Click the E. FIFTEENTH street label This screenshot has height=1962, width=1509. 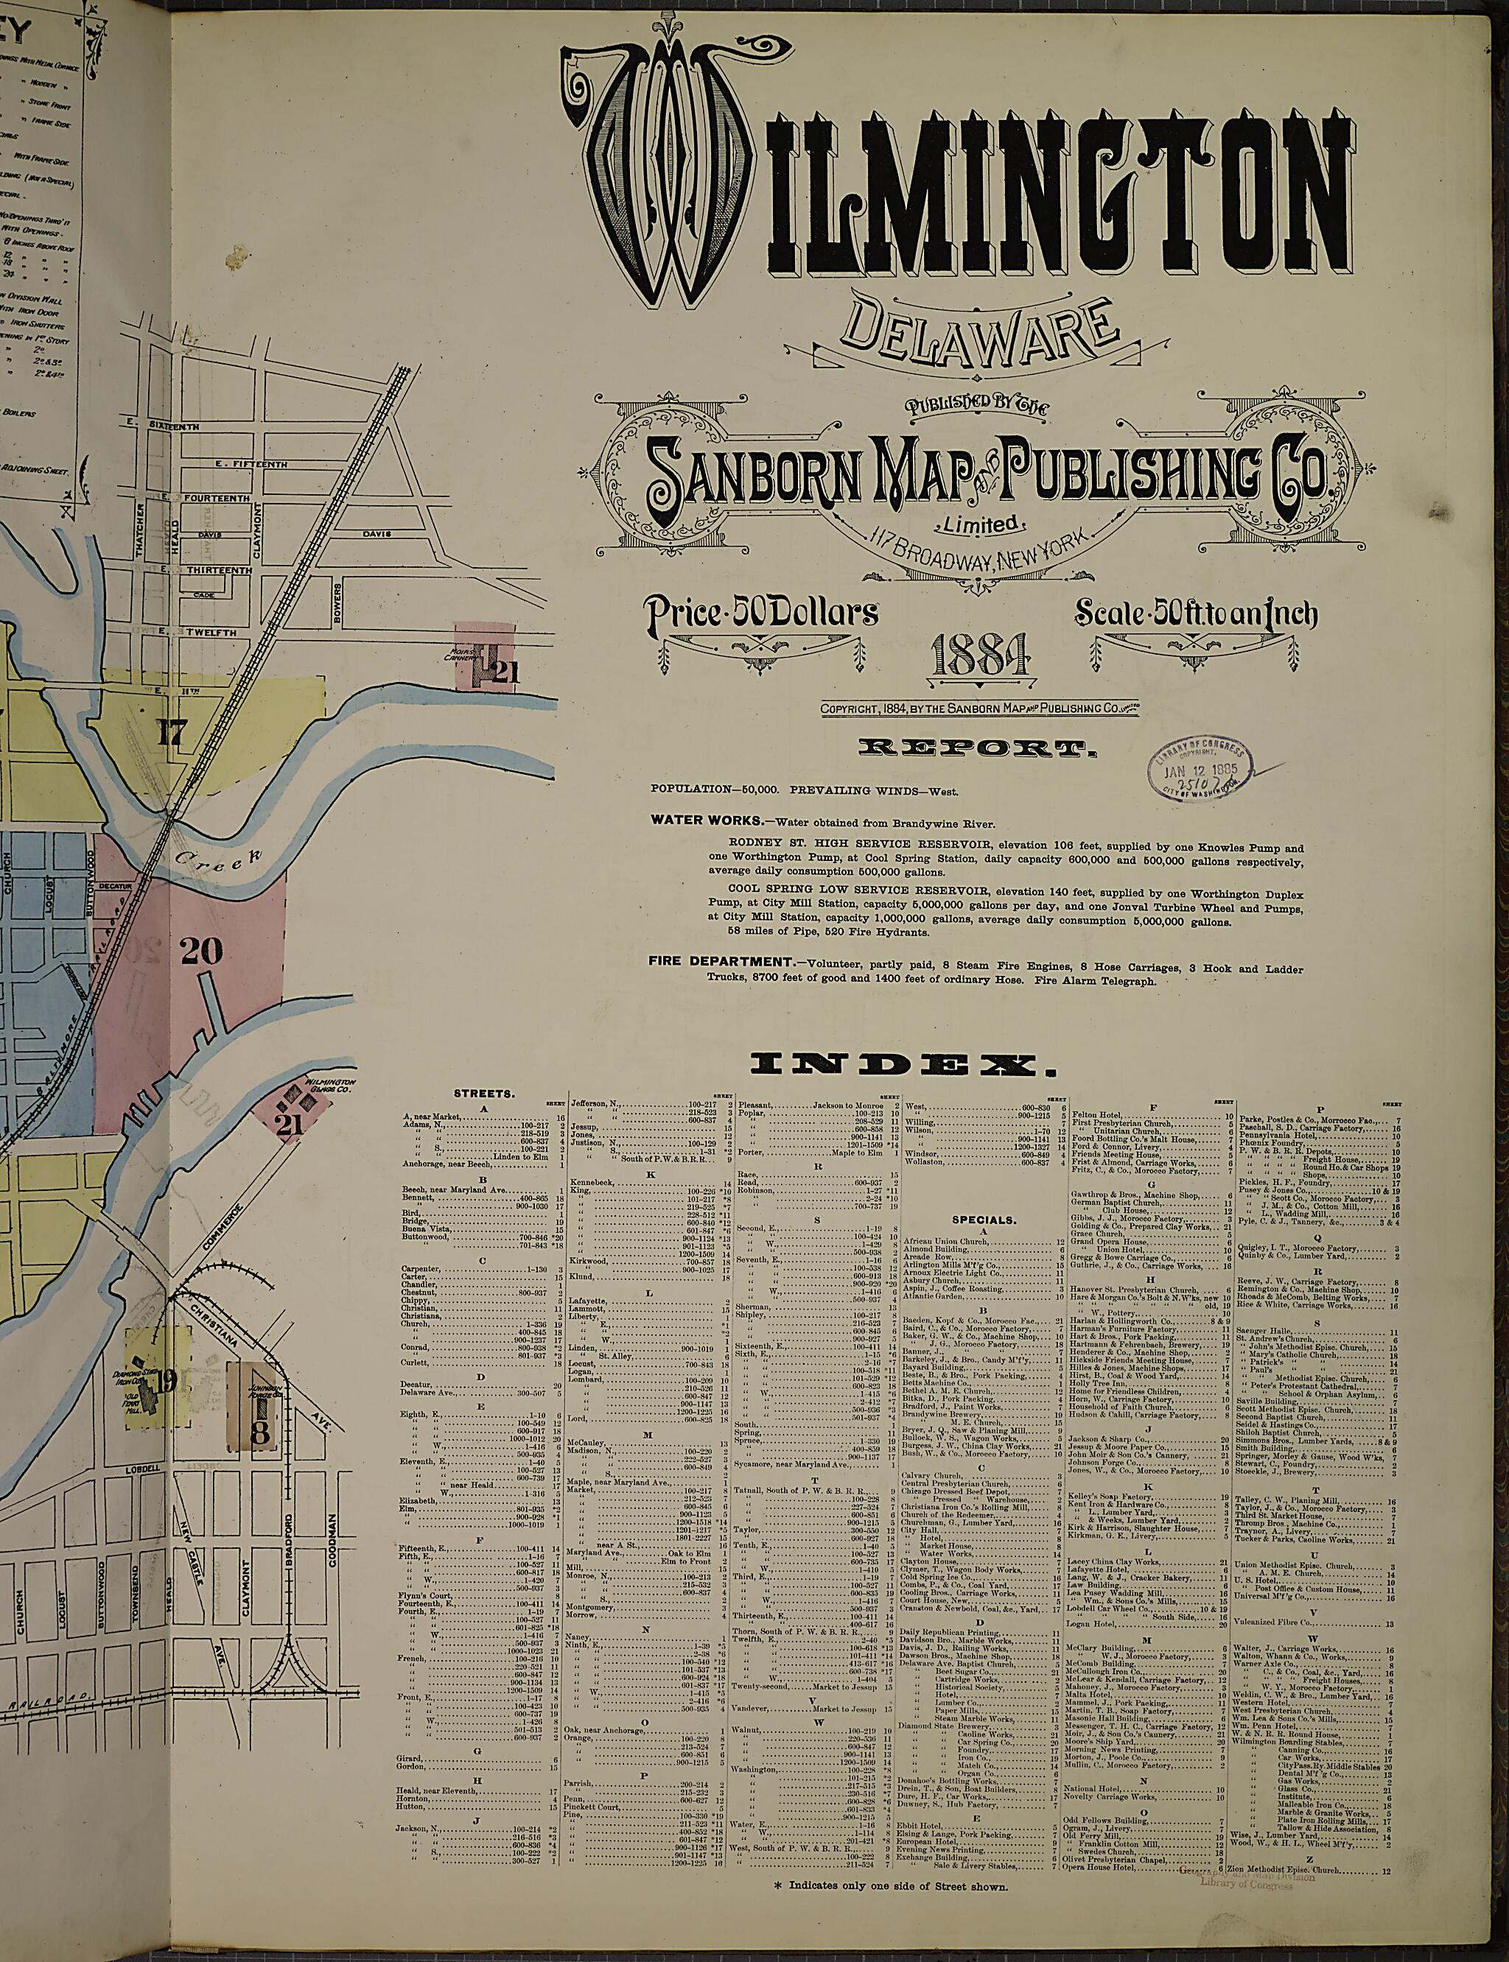point(251,464)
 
